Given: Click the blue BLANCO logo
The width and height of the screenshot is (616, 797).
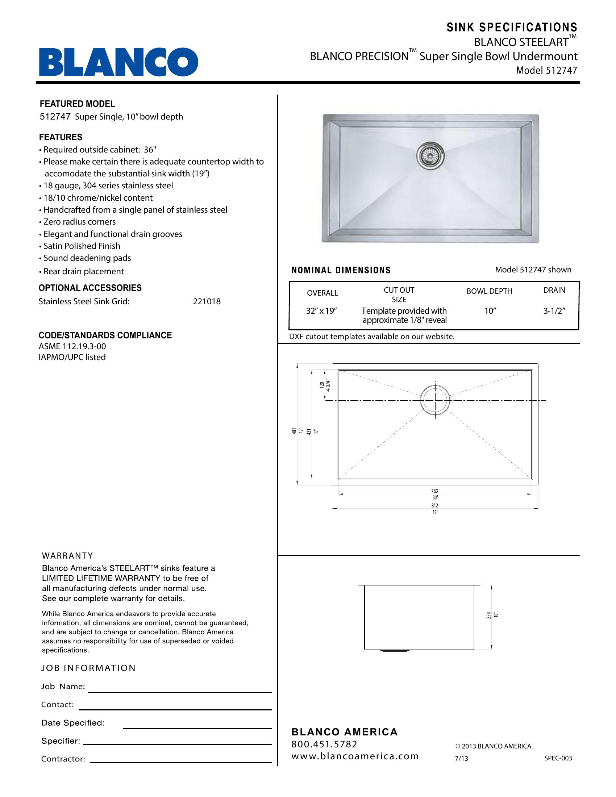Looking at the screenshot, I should [118, 62].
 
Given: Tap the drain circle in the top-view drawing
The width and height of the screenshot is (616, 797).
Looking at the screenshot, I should [435, 400].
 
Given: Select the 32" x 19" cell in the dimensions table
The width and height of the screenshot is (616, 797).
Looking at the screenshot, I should [321, 311].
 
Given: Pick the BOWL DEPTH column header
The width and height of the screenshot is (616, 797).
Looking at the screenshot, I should [490, 291].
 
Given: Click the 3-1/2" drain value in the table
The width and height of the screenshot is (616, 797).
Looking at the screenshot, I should [554, 311].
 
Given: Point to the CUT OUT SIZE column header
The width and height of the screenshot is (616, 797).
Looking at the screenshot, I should [399, 295].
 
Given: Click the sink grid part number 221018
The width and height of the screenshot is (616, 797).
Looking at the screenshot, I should [207, 301].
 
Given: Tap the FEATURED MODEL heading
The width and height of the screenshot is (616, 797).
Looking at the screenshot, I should [78, 104].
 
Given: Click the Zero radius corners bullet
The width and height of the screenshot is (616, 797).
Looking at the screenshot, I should [79, 222].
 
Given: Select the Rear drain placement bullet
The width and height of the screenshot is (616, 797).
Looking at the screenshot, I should [83, 271].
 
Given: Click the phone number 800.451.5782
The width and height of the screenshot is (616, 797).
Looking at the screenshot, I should [324, 744].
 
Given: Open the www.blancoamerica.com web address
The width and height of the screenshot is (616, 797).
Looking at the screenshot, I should [355, 756].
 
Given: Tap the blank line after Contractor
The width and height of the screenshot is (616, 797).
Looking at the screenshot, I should [181, 762].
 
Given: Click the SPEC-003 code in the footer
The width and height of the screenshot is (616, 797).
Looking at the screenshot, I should [558, 758].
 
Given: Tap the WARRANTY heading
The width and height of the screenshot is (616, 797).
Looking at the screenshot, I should [67, 555].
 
